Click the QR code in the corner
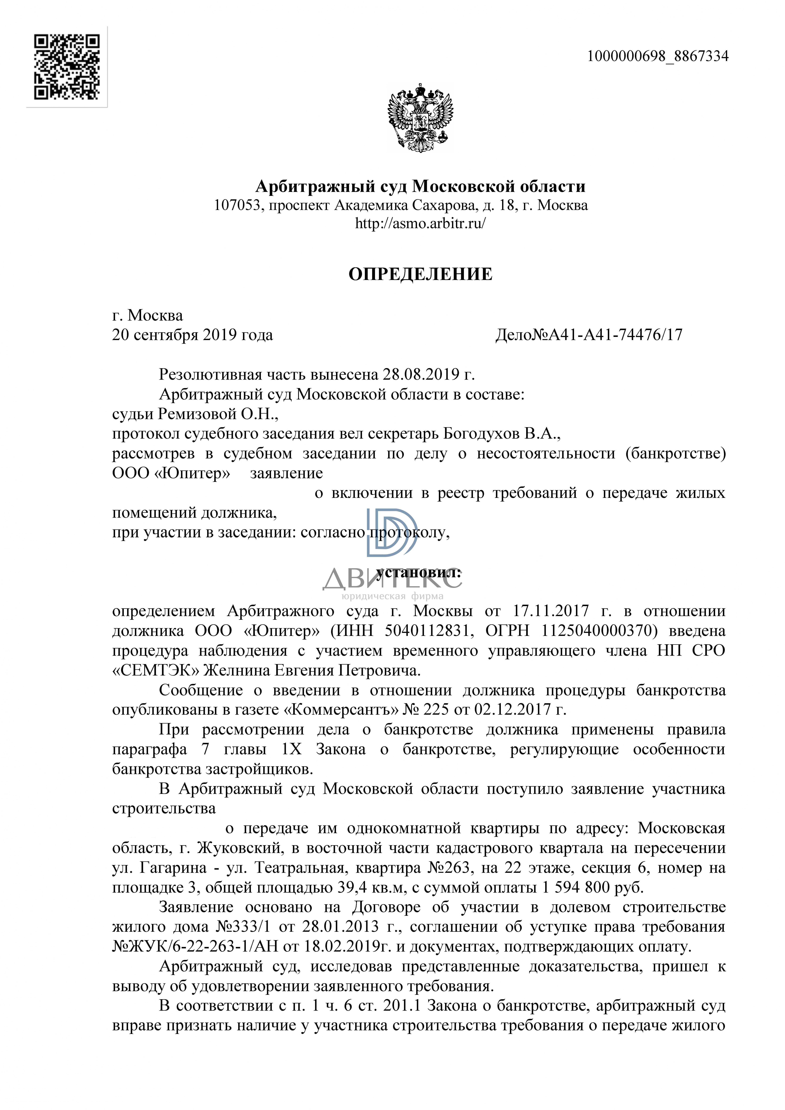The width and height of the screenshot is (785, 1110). [67, 67]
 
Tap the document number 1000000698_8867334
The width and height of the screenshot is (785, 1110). [657, 57]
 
